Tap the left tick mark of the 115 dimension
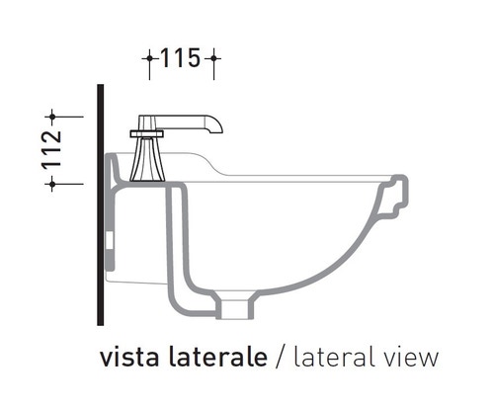149,59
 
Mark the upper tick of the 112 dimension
52,116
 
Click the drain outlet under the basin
235,307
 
